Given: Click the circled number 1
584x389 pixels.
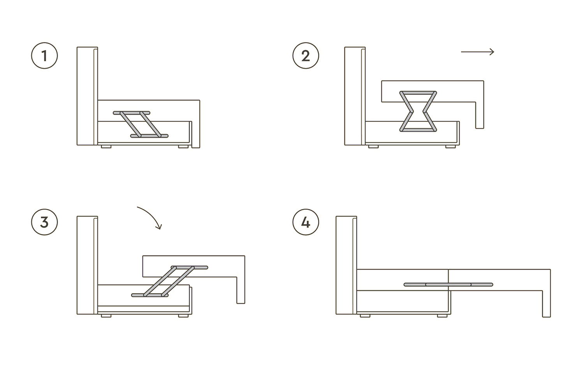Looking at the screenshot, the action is pyautogui.click(x=44, y=56).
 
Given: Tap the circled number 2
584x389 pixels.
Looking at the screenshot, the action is pyautogui.click(x=306, y=56).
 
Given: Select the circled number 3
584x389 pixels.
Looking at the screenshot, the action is pyautogui.click(x=44, y=222).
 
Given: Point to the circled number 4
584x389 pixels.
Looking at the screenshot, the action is pyautogui.click(x=306, y=222).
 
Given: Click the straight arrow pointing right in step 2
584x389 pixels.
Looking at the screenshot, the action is pyautogui.click(x=477, y=52).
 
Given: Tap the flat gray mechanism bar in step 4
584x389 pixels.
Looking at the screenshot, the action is pyautogui.click(x=448, y=284).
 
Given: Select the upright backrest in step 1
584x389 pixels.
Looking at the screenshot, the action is pyautogui.click(x=87, y=96).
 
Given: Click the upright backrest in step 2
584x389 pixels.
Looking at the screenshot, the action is pyautogui.click(x=355, y=96).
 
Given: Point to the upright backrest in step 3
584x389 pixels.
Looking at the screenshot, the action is pyautogui.click(x=87, y=265).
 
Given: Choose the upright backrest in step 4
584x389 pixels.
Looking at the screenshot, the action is pyautogui.click(x=346, y=265).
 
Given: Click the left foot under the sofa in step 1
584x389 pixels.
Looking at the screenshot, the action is pyautogui.click(x=106, y=147).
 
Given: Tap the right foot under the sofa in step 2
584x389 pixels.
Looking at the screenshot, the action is pyautogui.click(x=450, y=147).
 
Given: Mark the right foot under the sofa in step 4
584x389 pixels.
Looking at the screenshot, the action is pyautogui.click(x=442, y=316).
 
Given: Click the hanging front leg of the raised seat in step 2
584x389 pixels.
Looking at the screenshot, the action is pyautogui.click(x=480, y=115).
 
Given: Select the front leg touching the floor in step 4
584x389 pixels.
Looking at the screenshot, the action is pyautogui.click(x=547, y=304).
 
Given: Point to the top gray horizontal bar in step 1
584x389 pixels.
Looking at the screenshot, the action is pyautogui.click(x=132, y=113).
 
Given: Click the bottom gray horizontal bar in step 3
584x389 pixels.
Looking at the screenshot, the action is pyautogui.click(x=150, y=295).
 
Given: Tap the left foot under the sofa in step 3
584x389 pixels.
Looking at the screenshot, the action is pyautogui.click(x=106, y=316).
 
